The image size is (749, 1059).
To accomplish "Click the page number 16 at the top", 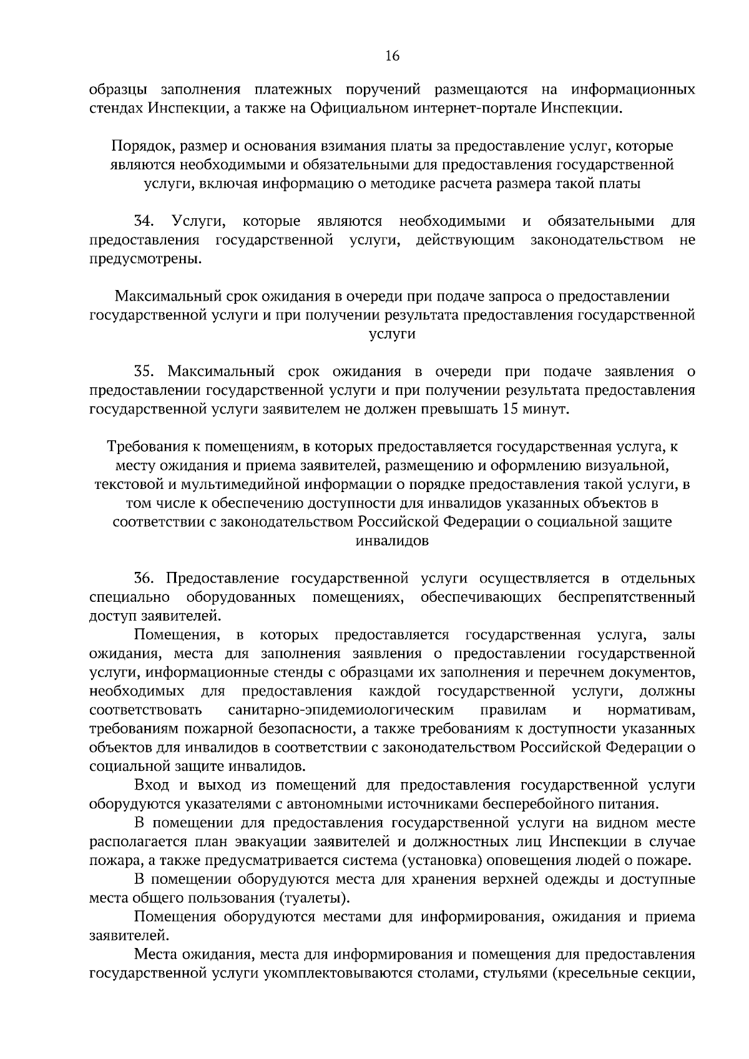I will (392, 56).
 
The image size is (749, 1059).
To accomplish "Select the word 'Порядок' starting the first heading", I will (139, 147).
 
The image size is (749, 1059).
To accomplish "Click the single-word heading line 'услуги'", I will (392, 334).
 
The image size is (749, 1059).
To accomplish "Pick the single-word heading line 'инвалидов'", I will (392, 541).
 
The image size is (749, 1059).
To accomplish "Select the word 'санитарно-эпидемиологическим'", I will (341, 710).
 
